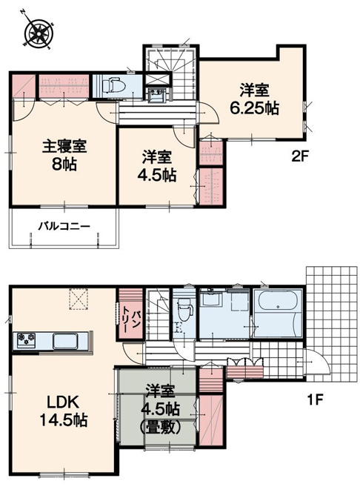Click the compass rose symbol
click(39, 30)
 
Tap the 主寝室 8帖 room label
click(64, 155)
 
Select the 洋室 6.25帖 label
click(254, 99)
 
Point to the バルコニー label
click(64, 227)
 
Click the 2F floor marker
click(299, 157)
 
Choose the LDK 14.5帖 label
click(63, 411)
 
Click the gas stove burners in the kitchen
click(26, 340)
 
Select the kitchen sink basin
click(65, 341)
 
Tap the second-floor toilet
click(113, 84)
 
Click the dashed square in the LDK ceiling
click(79, 299)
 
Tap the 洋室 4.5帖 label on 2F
click(157, 166)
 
